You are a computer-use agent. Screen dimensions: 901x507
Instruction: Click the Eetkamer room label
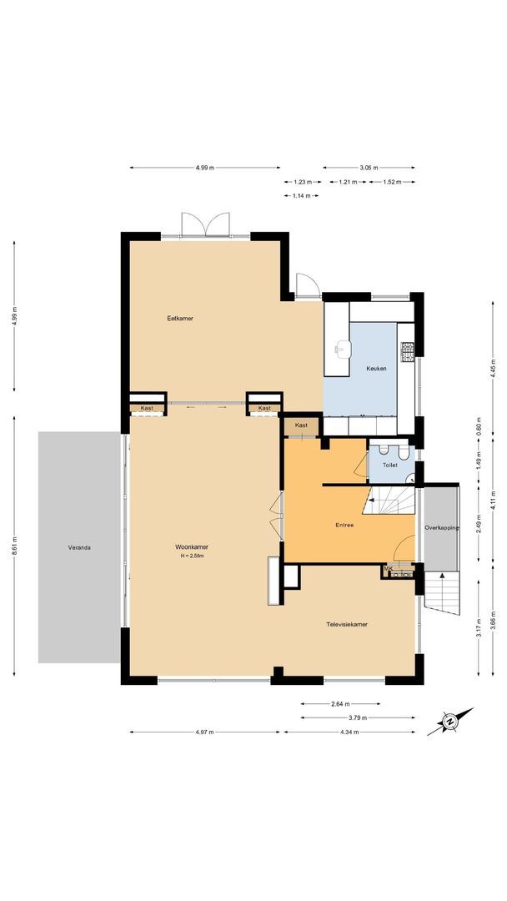(180, 318)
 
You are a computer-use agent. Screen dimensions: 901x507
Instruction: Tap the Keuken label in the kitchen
(376, 369)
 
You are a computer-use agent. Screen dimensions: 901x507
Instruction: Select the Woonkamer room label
(191, 546)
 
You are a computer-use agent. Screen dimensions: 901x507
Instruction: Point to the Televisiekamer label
(348, 623)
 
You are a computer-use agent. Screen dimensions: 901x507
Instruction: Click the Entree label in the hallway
(344, 525)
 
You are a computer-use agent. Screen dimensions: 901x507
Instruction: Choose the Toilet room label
(389, 465)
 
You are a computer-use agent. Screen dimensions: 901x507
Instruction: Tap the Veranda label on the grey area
(80, 548)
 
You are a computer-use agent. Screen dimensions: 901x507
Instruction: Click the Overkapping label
(441, 528)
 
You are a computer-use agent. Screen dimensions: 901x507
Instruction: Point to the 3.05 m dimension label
(368, 168)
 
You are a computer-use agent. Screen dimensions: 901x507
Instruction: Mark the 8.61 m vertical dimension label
(14, 547)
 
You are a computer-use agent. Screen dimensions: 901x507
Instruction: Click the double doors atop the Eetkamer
(206, 225)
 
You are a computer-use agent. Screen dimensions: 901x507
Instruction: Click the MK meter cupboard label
(388, 568)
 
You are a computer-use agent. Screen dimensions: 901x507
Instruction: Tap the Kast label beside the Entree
(301, 425)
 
